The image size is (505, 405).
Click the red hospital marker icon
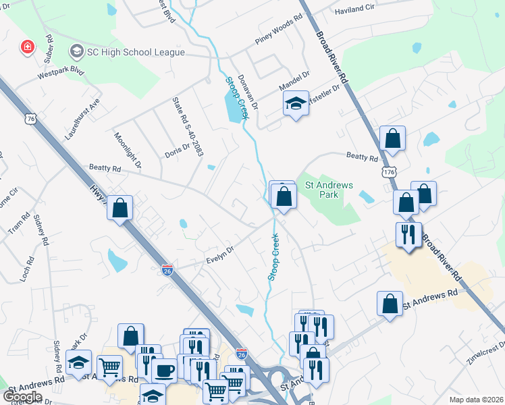28,47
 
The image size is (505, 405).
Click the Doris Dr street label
178,148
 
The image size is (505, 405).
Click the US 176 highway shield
389,173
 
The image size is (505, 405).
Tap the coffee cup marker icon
164,370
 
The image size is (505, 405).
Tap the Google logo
22,397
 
